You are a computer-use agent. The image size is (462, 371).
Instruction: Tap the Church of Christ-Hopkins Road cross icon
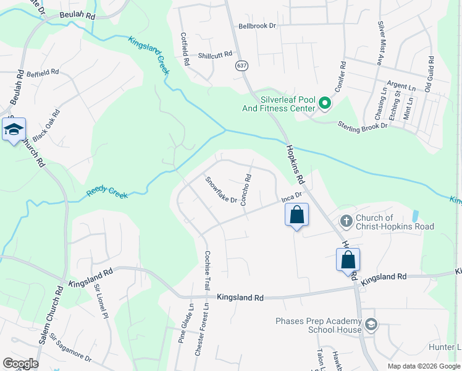346,221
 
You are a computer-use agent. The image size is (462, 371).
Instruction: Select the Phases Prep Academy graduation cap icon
371,325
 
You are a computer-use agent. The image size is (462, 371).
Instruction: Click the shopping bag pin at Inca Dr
296,215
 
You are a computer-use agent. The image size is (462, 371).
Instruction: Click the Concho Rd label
246,189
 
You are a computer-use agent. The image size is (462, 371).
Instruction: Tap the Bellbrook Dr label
257,27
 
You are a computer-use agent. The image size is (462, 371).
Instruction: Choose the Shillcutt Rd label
215,55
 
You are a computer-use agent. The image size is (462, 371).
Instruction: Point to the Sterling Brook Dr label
362,125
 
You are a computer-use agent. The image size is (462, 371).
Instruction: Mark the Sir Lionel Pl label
101,297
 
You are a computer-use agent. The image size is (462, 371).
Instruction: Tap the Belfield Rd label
43,72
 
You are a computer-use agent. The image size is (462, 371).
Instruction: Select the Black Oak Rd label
46,124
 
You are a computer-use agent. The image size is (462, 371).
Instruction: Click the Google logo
20,363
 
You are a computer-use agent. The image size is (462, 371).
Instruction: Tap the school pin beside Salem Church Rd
14,130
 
